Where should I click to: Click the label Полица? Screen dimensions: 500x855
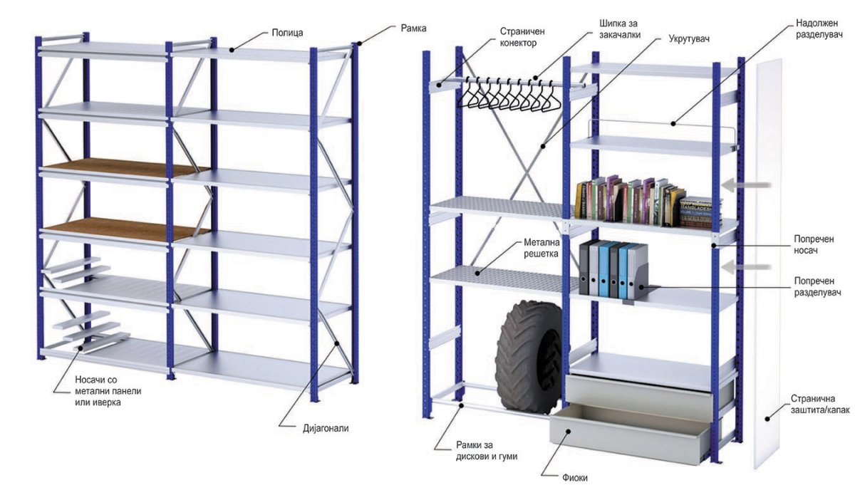pos(289,33)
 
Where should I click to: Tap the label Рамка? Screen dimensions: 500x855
pos(413,28)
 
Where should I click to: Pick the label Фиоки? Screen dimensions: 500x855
pos(574,478)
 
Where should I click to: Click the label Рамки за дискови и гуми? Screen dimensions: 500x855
pos(487,451)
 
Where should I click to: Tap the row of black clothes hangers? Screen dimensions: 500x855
pos(508,97)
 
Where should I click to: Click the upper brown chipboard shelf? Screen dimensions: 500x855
pos(118,167)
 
